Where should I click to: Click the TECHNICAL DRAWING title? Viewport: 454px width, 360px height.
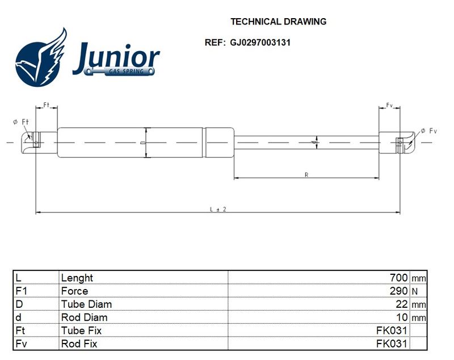278,22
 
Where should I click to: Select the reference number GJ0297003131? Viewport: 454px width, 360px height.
260,43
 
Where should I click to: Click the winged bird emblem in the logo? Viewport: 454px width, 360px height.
41,57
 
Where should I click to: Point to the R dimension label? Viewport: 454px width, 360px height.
306,175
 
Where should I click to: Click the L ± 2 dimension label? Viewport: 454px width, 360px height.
218,209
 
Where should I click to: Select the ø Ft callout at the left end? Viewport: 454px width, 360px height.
21,122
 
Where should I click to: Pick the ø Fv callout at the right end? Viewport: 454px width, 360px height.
428,131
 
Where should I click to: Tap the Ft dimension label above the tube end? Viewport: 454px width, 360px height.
47,104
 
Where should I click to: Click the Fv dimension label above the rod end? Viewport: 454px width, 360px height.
389,105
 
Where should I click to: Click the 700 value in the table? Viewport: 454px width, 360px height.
399,278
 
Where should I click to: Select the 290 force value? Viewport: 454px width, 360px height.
399,291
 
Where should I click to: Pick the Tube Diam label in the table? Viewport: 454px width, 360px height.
86,304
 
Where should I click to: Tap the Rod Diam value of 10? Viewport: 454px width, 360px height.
402,317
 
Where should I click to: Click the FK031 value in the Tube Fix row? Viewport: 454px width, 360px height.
392,330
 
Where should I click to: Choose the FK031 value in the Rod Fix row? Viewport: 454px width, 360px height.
392,344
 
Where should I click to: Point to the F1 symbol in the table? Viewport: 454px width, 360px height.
21,291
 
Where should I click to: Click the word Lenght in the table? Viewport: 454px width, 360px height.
77,278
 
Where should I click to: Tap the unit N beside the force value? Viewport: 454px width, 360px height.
415,291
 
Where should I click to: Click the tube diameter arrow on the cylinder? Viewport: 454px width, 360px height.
146,143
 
